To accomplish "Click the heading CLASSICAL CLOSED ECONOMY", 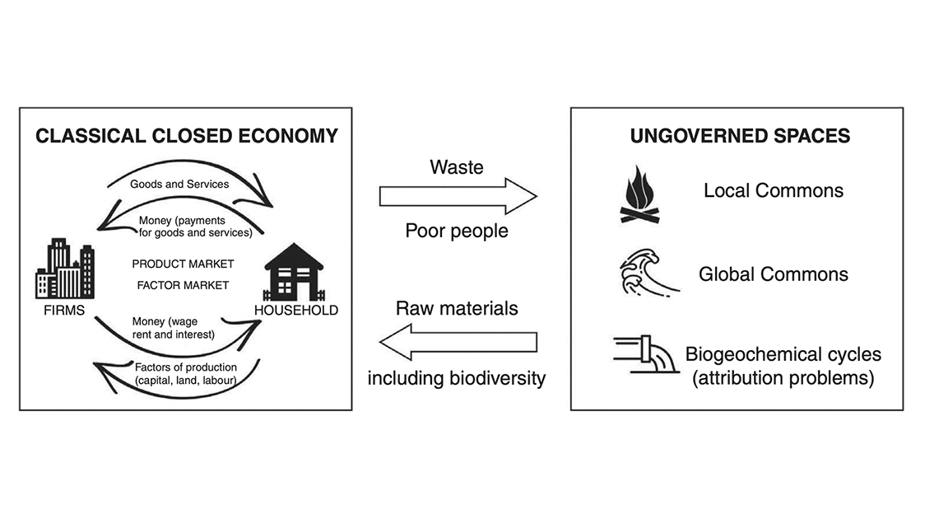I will click(186, 135).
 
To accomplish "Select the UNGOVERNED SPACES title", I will click(740, 135).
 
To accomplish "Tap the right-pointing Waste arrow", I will click(458, 196).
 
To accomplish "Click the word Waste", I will click(457, 167).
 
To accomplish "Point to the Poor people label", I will click(457, 231).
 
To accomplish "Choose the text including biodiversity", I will click(457, 378).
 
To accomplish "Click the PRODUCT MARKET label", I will click(183, 264).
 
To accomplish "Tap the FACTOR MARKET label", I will click(183, 285).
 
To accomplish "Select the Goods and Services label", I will click(179, 184).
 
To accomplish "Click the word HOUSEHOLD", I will click(295, 311).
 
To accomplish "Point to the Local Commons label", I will click(773, 190).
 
